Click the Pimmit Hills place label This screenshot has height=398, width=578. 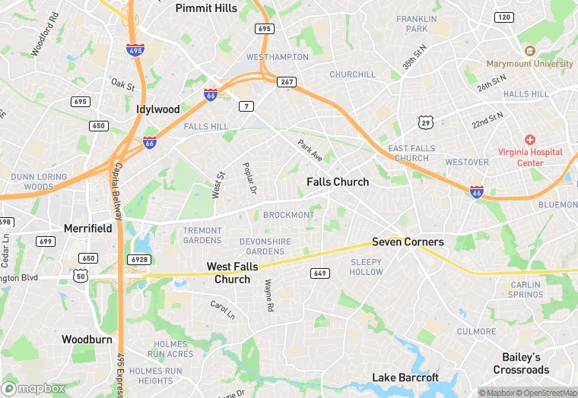pyautogui.click(x=206, y=8)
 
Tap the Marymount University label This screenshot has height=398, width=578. pyautogui.click(x=531, y=64)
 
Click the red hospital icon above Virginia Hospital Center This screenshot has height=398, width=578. pyautogui.click(x=530, y=141)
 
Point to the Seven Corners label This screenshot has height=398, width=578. pyautogui.click(x=408, y=242)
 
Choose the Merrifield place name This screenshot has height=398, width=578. pyautogui.click(x=87, y=228)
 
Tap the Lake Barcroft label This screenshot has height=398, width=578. pyautogui.click(x=405, y=377)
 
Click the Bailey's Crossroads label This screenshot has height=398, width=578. pyautogui.click(x=521, y=363)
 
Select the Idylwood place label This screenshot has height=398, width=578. pyautogui.click(x=158, y=109)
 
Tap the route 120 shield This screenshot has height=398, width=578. pyautogui.click(x=503, y=17)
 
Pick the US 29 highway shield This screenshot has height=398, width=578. pyautogui.click(x=426, y=122)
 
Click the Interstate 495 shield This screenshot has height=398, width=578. pyautogui.click(x=135, y=49)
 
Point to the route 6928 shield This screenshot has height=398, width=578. pyautogui.click(x=139, y=260)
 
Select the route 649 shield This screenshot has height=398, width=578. pyautogui.click(x=319, y=273)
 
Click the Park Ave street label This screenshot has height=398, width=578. pyautogui.click(x=310, y=150)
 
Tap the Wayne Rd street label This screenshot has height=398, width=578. pyautogui.click(x=268, y=296)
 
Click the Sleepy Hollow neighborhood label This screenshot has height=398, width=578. pyautogui.click(x=367, y=267)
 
